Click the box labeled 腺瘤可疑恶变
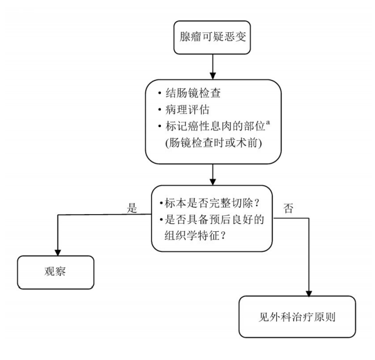click(212, 39)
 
